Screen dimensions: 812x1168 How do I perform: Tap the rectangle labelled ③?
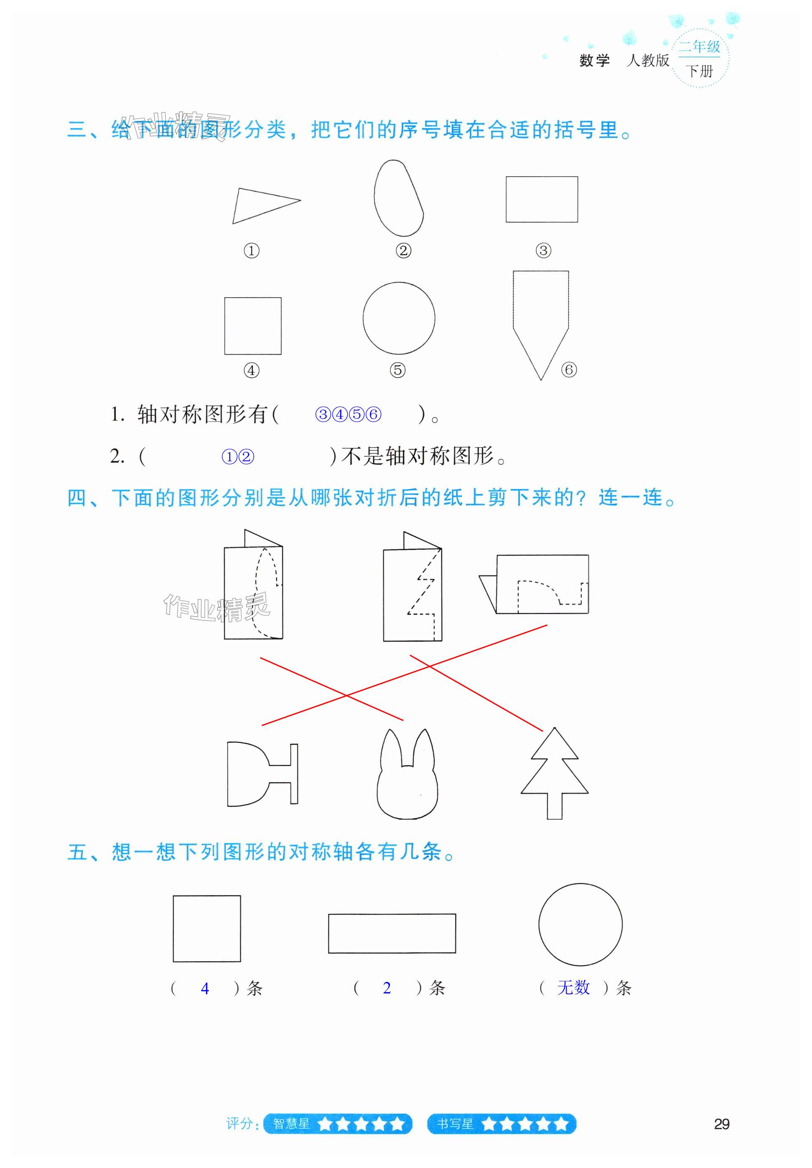[x=541, y=199]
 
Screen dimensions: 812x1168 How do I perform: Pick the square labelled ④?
[x=253, y=326]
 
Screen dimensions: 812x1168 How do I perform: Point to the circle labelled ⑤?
[x=399, y=318]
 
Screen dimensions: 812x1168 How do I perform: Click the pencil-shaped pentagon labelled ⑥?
[x=540, y=315]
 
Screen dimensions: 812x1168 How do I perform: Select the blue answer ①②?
[x=238, y=457]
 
